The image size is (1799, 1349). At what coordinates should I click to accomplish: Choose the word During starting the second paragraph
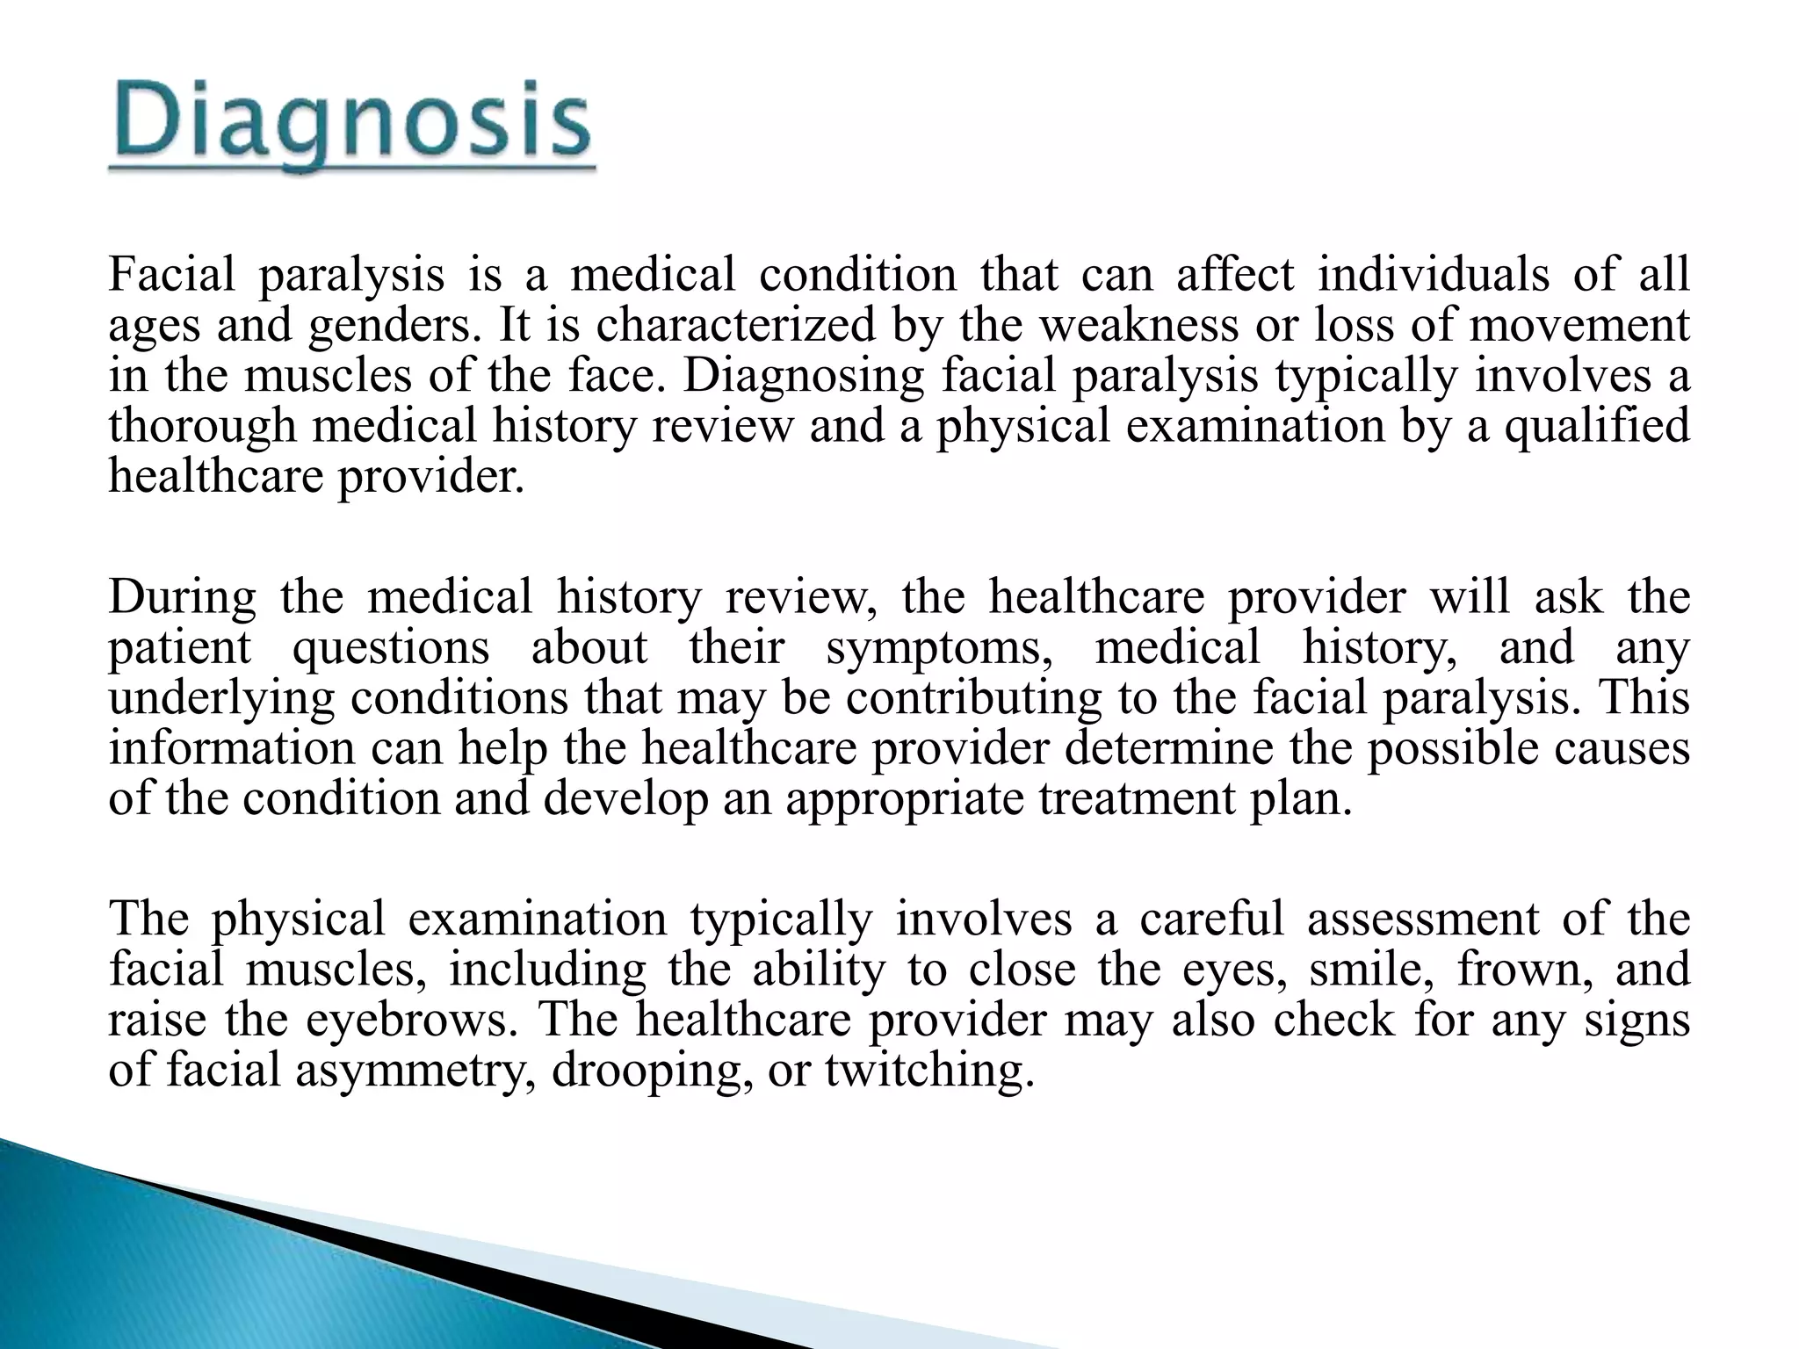point(182,596)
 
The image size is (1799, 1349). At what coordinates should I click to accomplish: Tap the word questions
point(390,647)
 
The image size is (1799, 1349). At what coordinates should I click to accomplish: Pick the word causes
point(1616,749)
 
